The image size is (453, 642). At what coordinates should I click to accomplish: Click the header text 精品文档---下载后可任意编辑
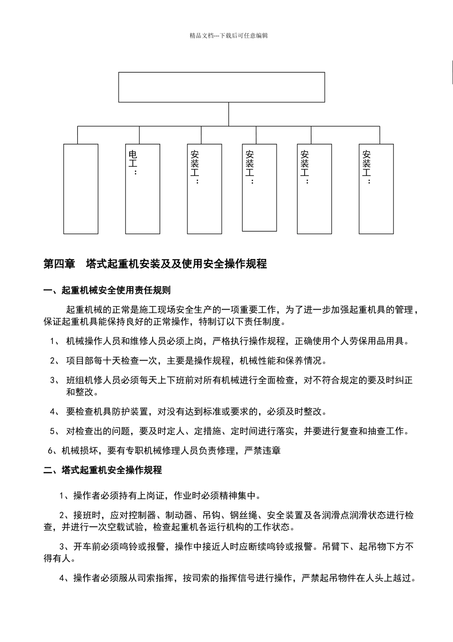[228, 35]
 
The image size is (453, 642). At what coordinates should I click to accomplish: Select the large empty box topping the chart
[221, 87]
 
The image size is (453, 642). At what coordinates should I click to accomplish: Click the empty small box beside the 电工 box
[81, 189]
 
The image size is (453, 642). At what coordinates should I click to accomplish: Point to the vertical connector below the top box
[229, 114]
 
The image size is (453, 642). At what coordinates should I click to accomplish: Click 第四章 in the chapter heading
[59, 264]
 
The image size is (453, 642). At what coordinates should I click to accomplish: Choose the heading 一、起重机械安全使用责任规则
[107, 290]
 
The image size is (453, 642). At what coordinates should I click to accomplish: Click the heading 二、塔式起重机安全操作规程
[103, 470]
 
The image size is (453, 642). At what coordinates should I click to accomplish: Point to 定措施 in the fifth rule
[208, 431]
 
